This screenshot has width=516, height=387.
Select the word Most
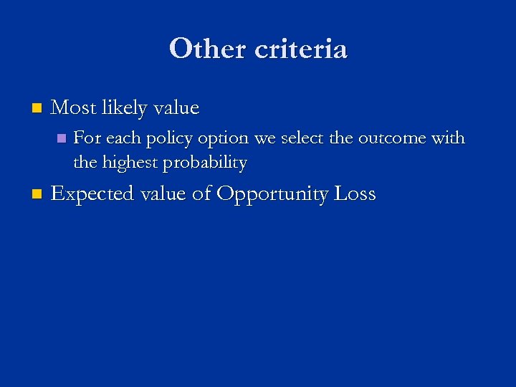click(x=74, y=108)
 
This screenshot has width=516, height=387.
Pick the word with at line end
click(x=449, y=138)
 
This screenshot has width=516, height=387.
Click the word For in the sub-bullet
click(x=87, y=138)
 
